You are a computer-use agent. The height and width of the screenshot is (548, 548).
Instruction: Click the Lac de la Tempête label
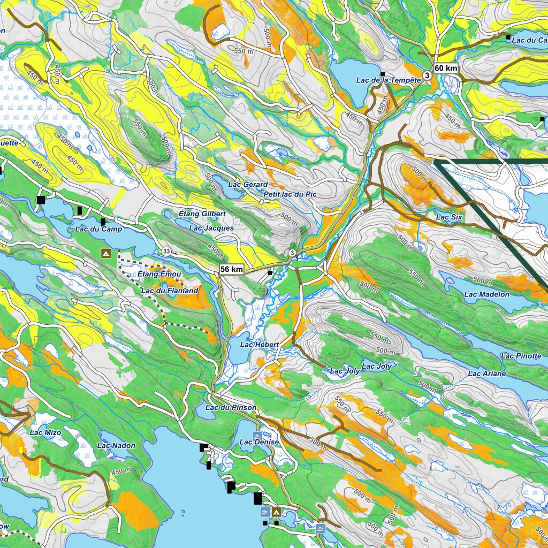[x=389, y=80]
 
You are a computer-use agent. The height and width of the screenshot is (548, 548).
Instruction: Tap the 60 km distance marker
[x=446, y=68]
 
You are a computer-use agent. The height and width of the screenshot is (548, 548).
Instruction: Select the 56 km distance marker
[x=232, y=270]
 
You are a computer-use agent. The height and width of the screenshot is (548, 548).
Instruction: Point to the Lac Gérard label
[x=248, y=185]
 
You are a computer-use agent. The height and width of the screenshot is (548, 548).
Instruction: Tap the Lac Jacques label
[x=211, y=228]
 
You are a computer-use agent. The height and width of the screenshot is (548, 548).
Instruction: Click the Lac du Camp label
[x=98, y=229]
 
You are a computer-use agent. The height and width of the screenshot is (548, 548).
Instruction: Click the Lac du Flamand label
[x=170, y=291]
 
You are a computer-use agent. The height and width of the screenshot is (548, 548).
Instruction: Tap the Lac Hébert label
[x=260, y=345]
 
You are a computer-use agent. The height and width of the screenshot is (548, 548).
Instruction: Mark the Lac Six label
[x=449, y=217]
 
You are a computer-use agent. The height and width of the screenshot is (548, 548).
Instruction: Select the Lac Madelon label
[x=486, y=294]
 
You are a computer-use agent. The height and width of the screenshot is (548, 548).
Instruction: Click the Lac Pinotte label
[x=521, y=356]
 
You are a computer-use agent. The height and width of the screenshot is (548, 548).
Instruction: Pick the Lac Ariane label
[x=486, y=374]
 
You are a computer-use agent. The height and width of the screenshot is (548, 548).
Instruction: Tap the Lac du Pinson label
[x=231, y=408]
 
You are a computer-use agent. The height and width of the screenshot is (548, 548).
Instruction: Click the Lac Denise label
[x=260, y=442]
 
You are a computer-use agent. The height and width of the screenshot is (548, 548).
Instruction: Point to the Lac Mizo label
[x=45, y=432]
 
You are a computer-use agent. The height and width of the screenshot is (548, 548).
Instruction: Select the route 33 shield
[x=167, y=252]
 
